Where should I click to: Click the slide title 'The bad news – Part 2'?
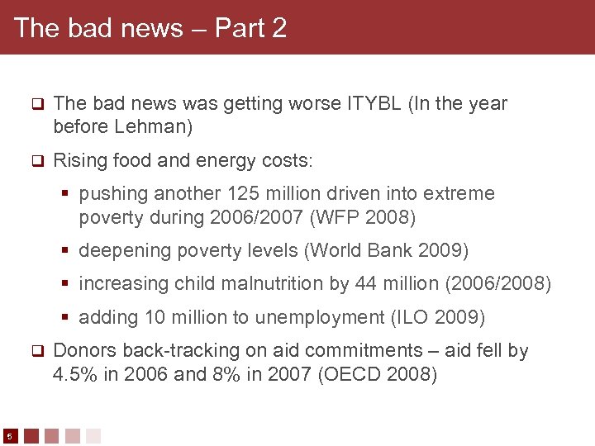tap(150, 28)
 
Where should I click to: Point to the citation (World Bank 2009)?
tap(401, 250)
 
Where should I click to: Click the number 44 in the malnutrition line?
tap(366, 284)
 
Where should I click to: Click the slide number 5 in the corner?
tap(9, 435)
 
